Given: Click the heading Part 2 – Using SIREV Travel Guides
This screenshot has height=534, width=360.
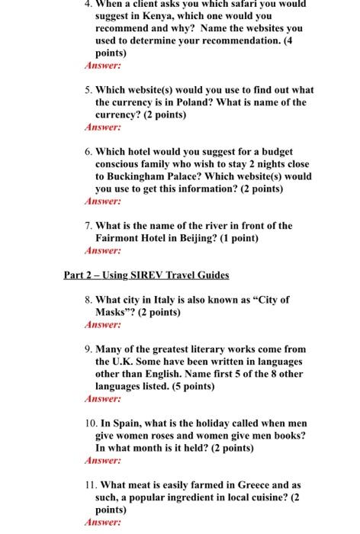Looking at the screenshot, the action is click(x=146, y=275).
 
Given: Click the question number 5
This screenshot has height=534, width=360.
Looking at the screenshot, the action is click(x=88, y=89).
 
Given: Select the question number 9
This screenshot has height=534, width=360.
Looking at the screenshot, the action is click(x=88, y=349).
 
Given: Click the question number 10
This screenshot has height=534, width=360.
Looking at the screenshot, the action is click(x=88, y=423).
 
